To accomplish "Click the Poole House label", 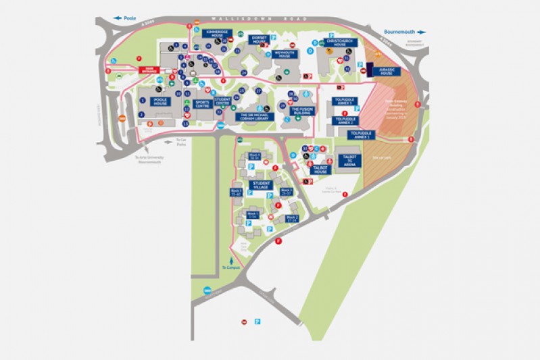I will [159, 102].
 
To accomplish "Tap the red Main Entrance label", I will [149, 70].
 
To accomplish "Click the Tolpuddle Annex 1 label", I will [363, 134].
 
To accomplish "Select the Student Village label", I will [262, 184].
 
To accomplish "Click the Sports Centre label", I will [202, 104].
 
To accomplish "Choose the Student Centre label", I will [222, 101].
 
